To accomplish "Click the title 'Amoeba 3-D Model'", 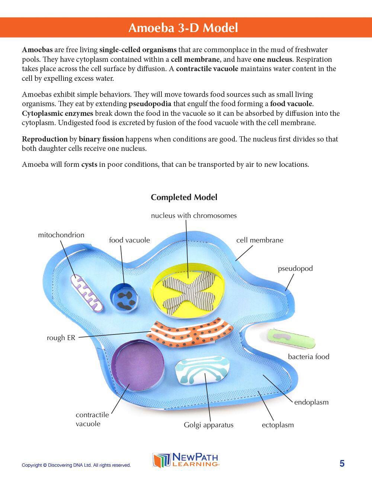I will [183, 28].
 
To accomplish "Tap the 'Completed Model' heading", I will [184, 197].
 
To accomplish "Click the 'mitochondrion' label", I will [61, 235].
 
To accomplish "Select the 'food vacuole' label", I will [129, 240].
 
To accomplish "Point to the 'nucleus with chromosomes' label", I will [193, 216].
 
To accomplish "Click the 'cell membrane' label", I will [260, 240].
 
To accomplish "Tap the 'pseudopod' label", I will [295, 269].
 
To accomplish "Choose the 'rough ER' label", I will [61, 338].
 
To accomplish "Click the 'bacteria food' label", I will [308, 357].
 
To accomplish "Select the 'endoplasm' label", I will [311, 402].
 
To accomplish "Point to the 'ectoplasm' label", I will [278, 425].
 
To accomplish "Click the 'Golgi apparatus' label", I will [208, 425].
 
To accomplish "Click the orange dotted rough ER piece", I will [192, 333].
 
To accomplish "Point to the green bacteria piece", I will [291, 338].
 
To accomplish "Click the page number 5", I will [342, 464].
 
